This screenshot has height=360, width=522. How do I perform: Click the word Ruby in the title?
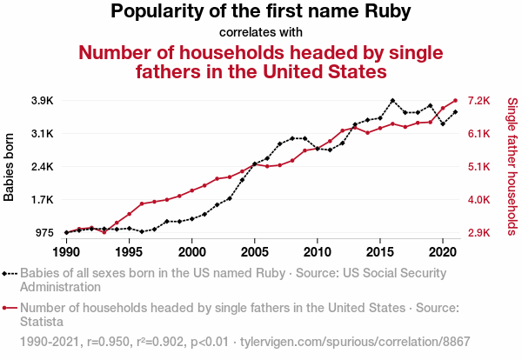tap(386, 11)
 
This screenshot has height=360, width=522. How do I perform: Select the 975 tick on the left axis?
tap(43, 233)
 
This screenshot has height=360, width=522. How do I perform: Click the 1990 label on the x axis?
tap(66, 251)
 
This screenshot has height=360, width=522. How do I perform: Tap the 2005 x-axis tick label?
tap(254, 251)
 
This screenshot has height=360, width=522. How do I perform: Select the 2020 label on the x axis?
tap(443, 251)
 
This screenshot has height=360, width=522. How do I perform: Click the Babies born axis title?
tap(10, 167)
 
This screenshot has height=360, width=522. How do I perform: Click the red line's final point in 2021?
tap(455, 100)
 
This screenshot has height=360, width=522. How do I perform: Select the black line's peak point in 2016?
tap(392, 101)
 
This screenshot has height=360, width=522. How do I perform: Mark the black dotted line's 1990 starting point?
tap(66, 232)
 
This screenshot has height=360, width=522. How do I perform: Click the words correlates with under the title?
tap(261, 32)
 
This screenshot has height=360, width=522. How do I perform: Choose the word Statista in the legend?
tap(43, 322)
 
